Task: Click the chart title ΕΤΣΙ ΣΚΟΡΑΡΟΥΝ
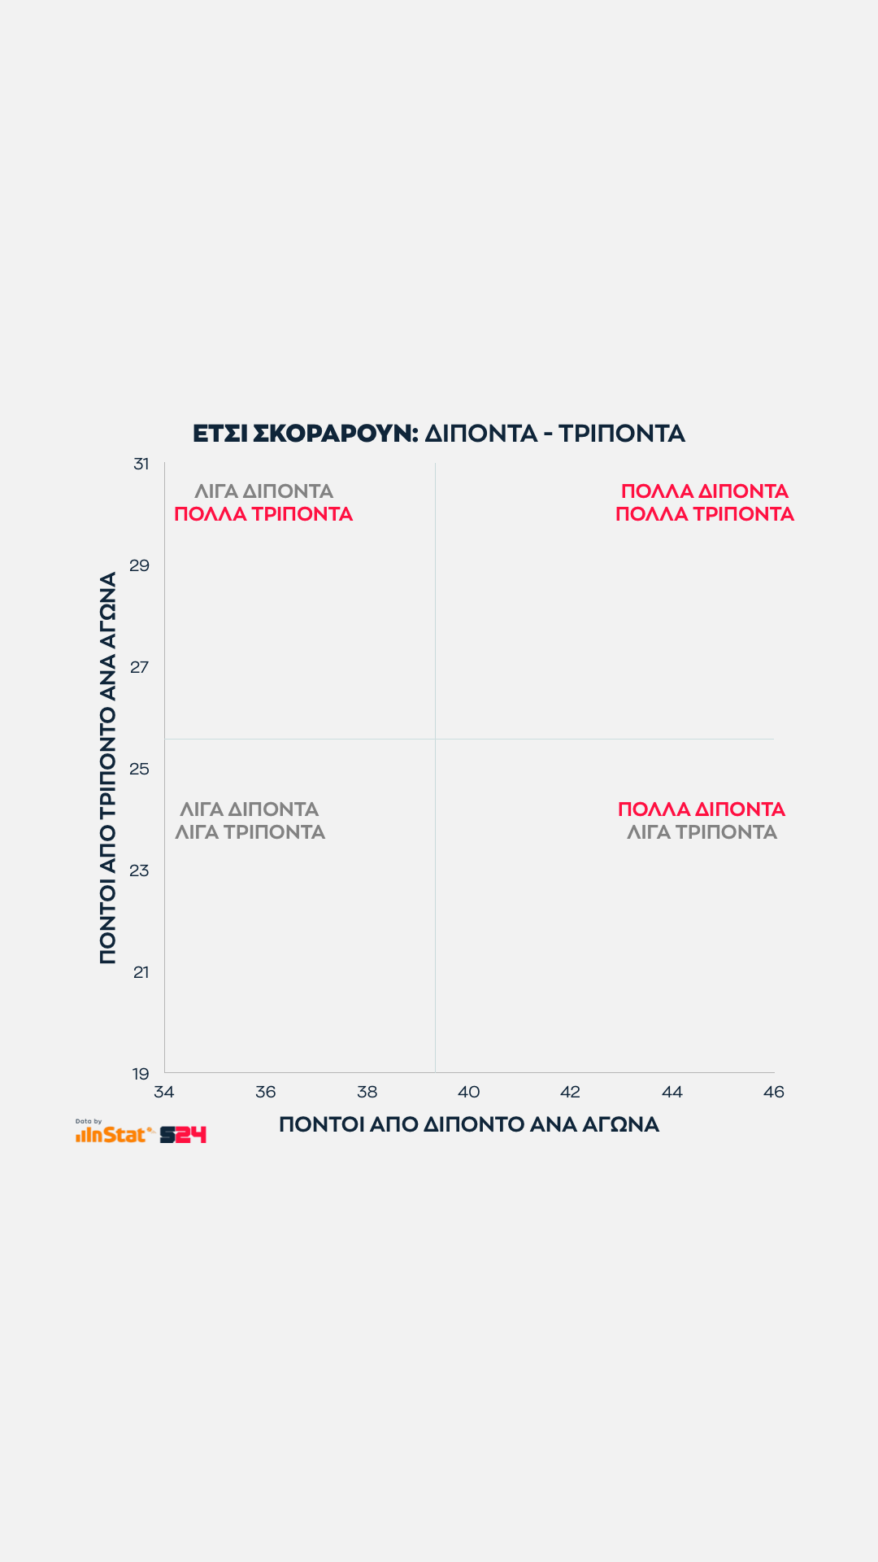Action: pyautogui.click(x=305, y=434)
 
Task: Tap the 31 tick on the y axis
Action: pyautogui.click(x=141, y=464)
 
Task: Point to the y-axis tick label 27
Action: pyautogui.click(x=140, y=667)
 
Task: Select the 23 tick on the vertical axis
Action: pyautogui.click(x=140, y=870)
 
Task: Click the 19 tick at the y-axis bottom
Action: pyautogui.click(x=141, y=1074)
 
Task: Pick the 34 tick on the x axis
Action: pyautogui.click(x=164, y=1092)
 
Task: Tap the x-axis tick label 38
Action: pyautogui.click(x=367, y=1092)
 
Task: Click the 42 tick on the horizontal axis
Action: pyautogui.click(x=571, y=1092)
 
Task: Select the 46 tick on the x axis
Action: pyautogui.click(x=774, y=1092)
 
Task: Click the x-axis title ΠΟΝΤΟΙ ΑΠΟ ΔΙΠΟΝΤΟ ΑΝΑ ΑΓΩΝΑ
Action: pyautogui.click(x=469, y=1125)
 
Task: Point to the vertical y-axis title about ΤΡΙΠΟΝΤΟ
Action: pyautogui.click(x=108, y=768)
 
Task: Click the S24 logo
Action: pyautogui.click(x=183, y=1135)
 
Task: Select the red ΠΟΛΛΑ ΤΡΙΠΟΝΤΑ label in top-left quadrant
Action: pyautogui.click(x=263, y=514)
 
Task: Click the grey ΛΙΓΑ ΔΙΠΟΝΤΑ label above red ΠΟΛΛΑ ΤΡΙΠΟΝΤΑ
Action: pyautogui.click(x=263, y=491)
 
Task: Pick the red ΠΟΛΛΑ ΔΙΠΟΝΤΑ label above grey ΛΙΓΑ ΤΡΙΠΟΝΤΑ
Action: pyautogui.click(x=702, y=809)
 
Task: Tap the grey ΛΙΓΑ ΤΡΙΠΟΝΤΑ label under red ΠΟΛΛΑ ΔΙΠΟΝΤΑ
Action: pyautogui.click(x=702, y=832)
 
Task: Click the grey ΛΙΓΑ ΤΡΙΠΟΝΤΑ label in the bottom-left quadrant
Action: pyautogui.click(x=250, y=832)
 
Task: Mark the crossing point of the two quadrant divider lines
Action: pyautogui.click(x=435, y=739)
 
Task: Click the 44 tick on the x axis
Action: pyautogui.click(x=672, y=1092)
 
